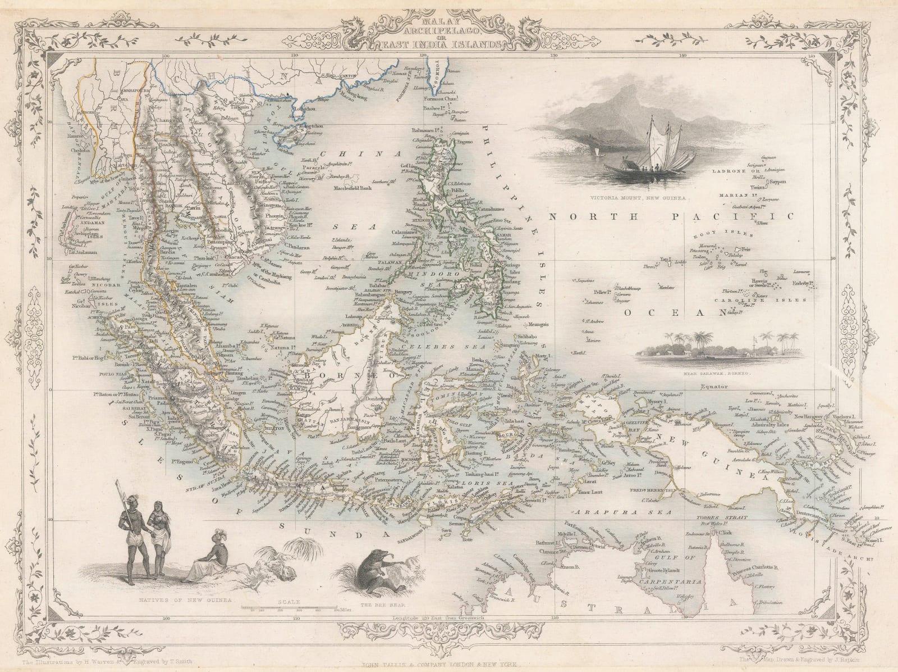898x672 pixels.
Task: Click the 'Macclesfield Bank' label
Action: tap(355, 187)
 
